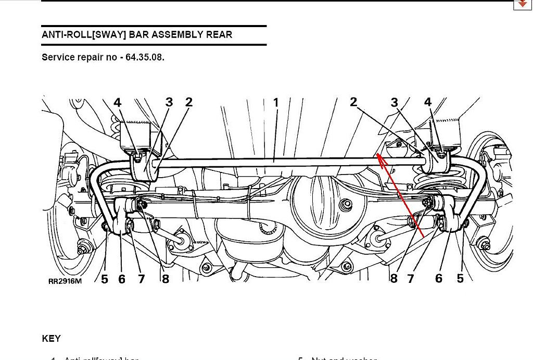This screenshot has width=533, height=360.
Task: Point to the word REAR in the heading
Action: pos(219,35)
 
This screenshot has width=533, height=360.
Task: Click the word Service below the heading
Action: pos(58,57)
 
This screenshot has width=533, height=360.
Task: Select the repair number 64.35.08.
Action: pos(145,57)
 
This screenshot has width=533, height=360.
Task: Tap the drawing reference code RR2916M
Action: pos(65,281)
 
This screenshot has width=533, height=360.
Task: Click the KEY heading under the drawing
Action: pos(52,339)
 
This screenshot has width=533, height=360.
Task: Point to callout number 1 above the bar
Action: pos(276,103)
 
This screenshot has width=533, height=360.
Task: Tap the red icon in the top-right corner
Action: pos(522,4)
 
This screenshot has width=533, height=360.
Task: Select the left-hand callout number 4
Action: pos(118,103)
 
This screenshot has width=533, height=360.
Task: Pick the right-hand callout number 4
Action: pos(428,102)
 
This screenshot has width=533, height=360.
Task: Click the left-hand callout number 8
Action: pos(166,279)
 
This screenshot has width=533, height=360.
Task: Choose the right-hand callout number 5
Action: pos(460,279)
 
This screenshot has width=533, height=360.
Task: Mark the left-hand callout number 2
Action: pos(188,102)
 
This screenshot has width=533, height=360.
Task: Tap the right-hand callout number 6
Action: pos(439,279)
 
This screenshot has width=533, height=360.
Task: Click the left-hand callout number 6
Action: pos(122,279)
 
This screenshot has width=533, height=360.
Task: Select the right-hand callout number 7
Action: pos(411,279)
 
